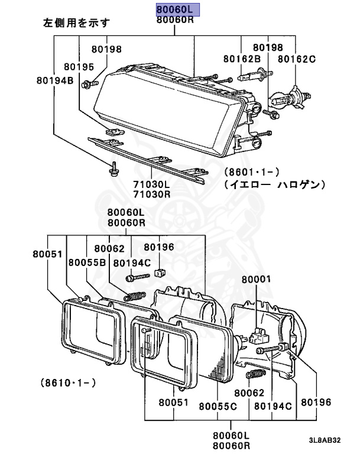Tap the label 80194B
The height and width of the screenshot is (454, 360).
[55, 80]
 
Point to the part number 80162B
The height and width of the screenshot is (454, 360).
[242, 59]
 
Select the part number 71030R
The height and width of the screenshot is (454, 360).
[152, 194]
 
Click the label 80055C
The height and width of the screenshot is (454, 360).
[218, 406]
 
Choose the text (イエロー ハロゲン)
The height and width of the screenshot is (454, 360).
[275, 184]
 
